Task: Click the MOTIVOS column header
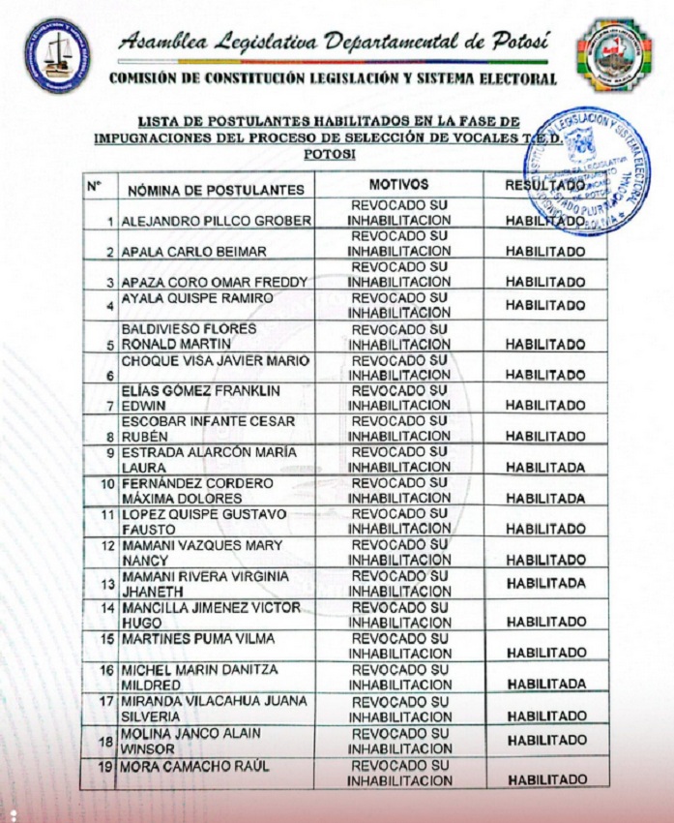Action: (x=398, y=184)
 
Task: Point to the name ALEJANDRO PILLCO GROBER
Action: (x=216, y=221)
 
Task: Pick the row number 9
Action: (x=111, y=452)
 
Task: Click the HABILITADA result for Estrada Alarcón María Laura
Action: (x=545, y=468)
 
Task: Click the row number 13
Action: (x=109, y=583)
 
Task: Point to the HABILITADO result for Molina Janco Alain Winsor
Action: (x=546, y=740)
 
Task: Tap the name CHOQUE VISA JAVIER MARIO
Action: (x=215, y=360)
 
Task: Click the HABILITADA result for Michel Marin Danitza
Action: (x=546, y=684)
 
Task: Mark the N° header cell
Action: (x=95, y=184)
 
